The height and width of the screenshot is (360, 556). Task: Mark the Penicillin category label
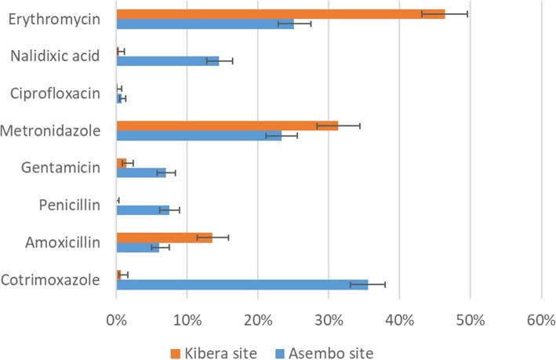click(x=72, y=205)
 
